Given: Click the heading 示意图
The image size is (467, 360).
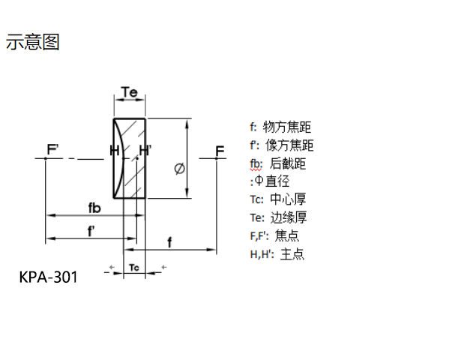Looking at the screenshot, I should [33, 42].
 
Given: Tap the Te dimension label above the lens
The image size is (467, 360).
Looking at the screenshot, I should [129, 92].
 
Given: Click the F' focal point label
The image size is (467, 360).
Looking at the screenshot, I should [53, 151].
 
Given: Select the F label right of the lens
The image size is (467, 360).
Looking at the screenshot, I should [220, 151].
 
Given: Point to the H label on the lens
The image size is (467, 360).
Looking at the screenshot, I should [115, 151].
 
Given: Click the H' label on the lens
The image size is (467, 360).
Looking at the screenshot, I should [145, 151].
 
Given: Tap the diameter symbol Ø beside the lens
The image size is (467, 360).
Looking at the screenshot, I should [179, 169].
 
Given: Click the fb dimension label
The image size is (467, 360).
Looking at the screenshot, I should [94, 207].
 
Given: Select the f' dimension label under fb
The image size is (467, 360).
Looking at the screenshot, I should [91, 231].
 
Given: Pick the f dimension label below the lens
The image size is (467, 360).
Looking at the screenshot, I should [170, 241].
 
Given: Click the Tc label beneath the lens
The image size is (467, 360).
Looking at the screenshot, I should [133, 267].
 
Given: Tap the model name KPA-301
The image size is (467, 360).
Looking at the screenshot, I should [48, 277].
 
